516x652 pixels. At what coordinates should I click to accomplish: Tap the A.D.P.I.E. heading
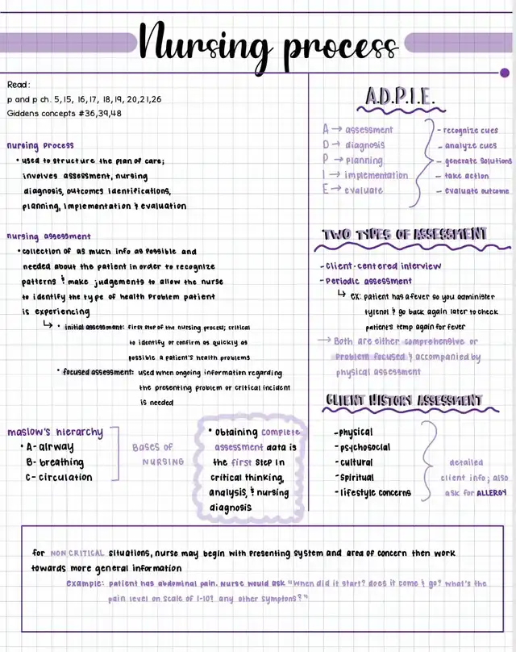pyautogui.click(x=400, y=97)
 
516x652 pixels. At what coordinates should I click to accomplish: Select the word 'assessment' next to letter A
pyautogui.click(x=369, y=130)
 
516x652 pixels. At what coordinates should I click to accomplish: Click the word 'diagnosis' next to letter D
pyautogui.click(x=365, y=145)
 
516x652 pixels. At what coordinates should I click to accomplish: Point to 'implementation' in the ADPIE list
pyautogui.click(x=377, y=175)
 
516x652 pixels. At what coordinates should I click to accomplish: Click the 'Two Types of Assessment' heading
pyautogui.click(x=406, y=234)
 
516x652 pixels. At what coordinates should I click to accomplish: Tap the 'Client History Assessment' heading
pyautogui.click(x=404, y=400)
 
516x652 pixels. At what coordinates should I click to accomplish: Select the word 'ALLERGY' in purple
pyautogui.click(x=491, y=492)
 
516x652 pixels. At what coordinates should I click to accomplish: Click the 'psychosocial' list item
pyautogui.click(x=364, y=447)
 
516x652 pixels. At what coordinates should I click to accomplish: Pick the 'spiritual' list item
pyautogui.click(x=356, y=478)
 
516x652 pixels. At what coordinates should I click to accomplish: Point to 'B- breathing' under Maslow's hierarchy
pyautogui.click(x=55, y=462)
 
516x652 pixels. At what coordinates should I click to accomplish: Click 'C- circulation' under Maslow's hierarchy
pyautogui.click(x=59, y=477)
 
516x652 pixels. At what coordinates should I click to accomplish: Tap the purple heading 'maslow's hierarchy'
pyautogui.click(x=55, y=432)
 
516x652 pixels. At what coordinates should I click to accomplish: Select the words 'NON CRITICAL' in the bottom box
pyautogui.click(x=77, y=554)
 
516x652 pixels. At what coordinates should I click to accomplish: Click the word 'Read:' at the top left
pyautogui.click(x=19, y=85)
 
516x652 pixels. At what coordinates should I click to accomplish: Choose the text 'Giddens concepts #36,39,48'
pyautogui.click(x=64, y=113)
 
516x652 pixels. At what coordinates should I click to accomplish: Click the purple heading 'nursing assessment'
pyautogui.click(x=48, y=236)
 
